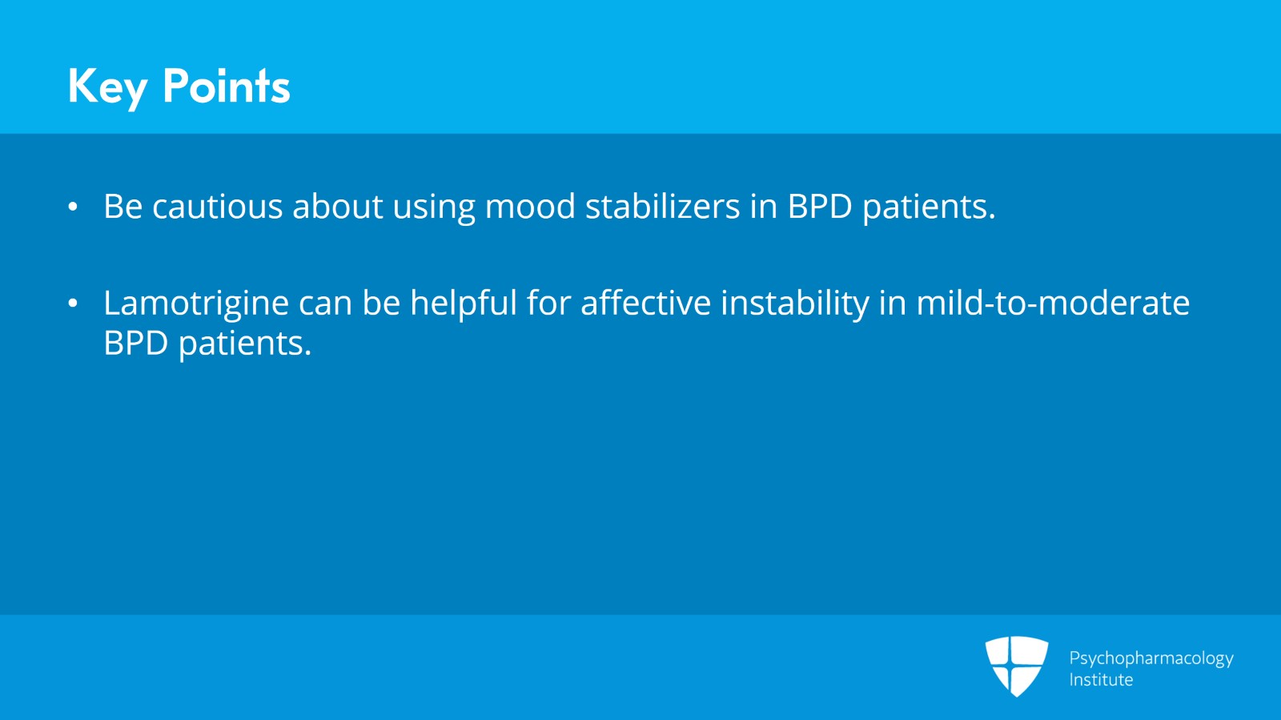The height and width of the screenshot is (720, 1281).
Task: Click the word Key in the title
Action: tap(107, 86)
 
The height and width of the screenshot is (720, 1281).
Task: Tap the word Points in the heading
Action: tap(226, 86)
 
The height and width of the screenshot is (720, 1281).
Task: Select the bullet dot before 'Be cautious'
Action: tap(73, 207)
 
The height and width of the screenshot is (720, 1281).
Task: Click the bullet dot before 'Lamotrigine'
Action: tap(73, 304)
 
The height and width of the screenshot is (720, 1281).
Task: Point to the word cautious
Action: tap(217, 207)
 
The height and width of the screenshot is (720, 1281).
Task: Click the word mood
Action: tap(530, 207)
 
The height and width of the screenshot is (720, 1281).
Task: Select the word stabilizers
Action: tap(662, 207)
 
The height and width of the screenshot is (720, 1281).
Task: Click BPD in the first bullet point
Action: tap(820, 207)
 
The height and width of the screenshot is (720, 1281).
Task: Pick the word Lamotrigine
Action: tap(196, 304)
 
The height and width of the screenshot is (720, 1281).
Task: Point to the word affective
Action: tap(645, 303)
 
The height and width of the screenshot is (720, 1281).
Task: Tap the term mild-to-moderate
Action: tap(1053, 303)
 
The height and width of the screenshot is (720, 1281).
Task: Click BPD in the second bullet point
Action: tap(135, 343)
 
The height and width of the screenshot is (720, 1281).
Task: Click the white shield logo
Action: tap(1016, 666)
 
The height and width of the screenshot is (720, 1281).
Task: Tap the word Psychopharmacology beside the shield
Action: tap(1150, 658)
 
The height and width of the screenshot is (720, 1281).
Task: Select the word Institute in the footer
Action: tap(1101, 680)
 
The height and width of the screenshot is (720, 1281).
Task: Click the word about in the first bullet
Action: tap(337, 207)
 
